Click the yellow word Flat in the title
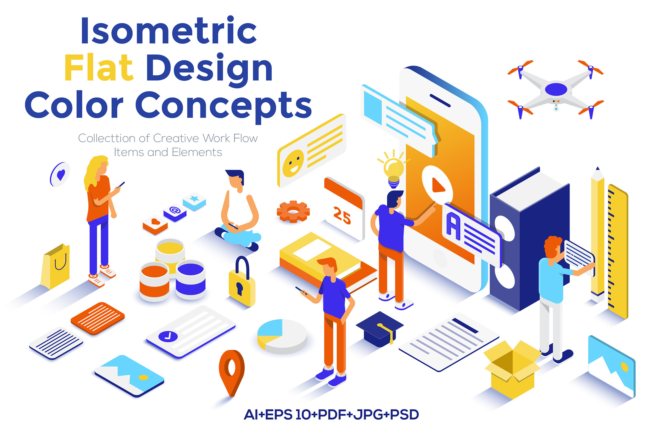(x=99, y=67)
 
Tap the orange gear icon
(x=293, y=211)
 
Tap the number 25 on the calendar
(x=342, y=215)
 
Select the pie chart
(x=282, y=336)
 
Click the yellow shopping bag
(x=56, y=266)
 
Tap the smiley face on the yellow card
(x=293, y=163)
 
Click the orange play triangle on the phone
(x=438, y=185)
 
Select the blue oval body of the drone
(x=556, y=89)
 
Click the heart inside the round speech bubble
(x=61, y=175)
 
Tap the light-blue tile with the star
(x=194, y=201)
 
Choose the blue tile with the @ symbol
(x=175, y=212)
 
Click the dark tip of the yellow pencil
(x=598, y=168)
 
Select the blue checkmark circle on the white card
(x=168, y=336)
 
